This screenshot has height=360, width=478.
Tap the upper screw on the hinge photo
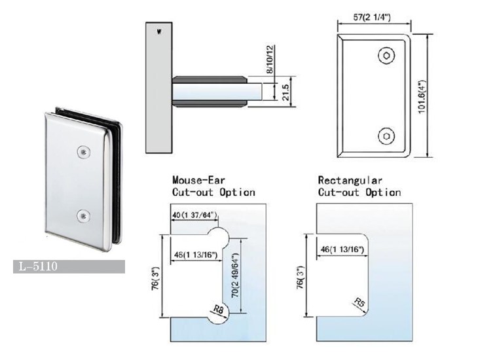[83, 152]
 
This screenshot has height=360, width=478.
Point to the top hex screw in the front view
[386, 55]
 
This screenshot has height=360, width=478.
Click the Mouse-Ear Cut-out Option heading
[213, 186]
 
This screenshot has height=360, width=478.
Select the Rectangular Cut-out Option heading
[359, 186]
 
